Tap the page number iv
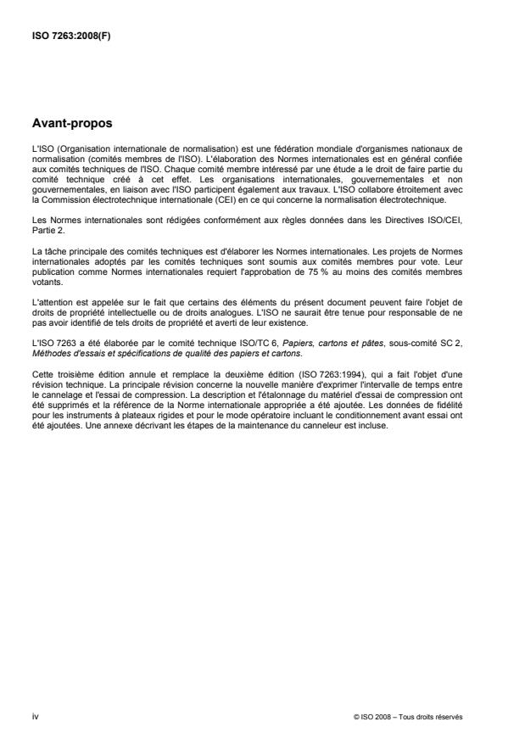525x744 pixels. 35,716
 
